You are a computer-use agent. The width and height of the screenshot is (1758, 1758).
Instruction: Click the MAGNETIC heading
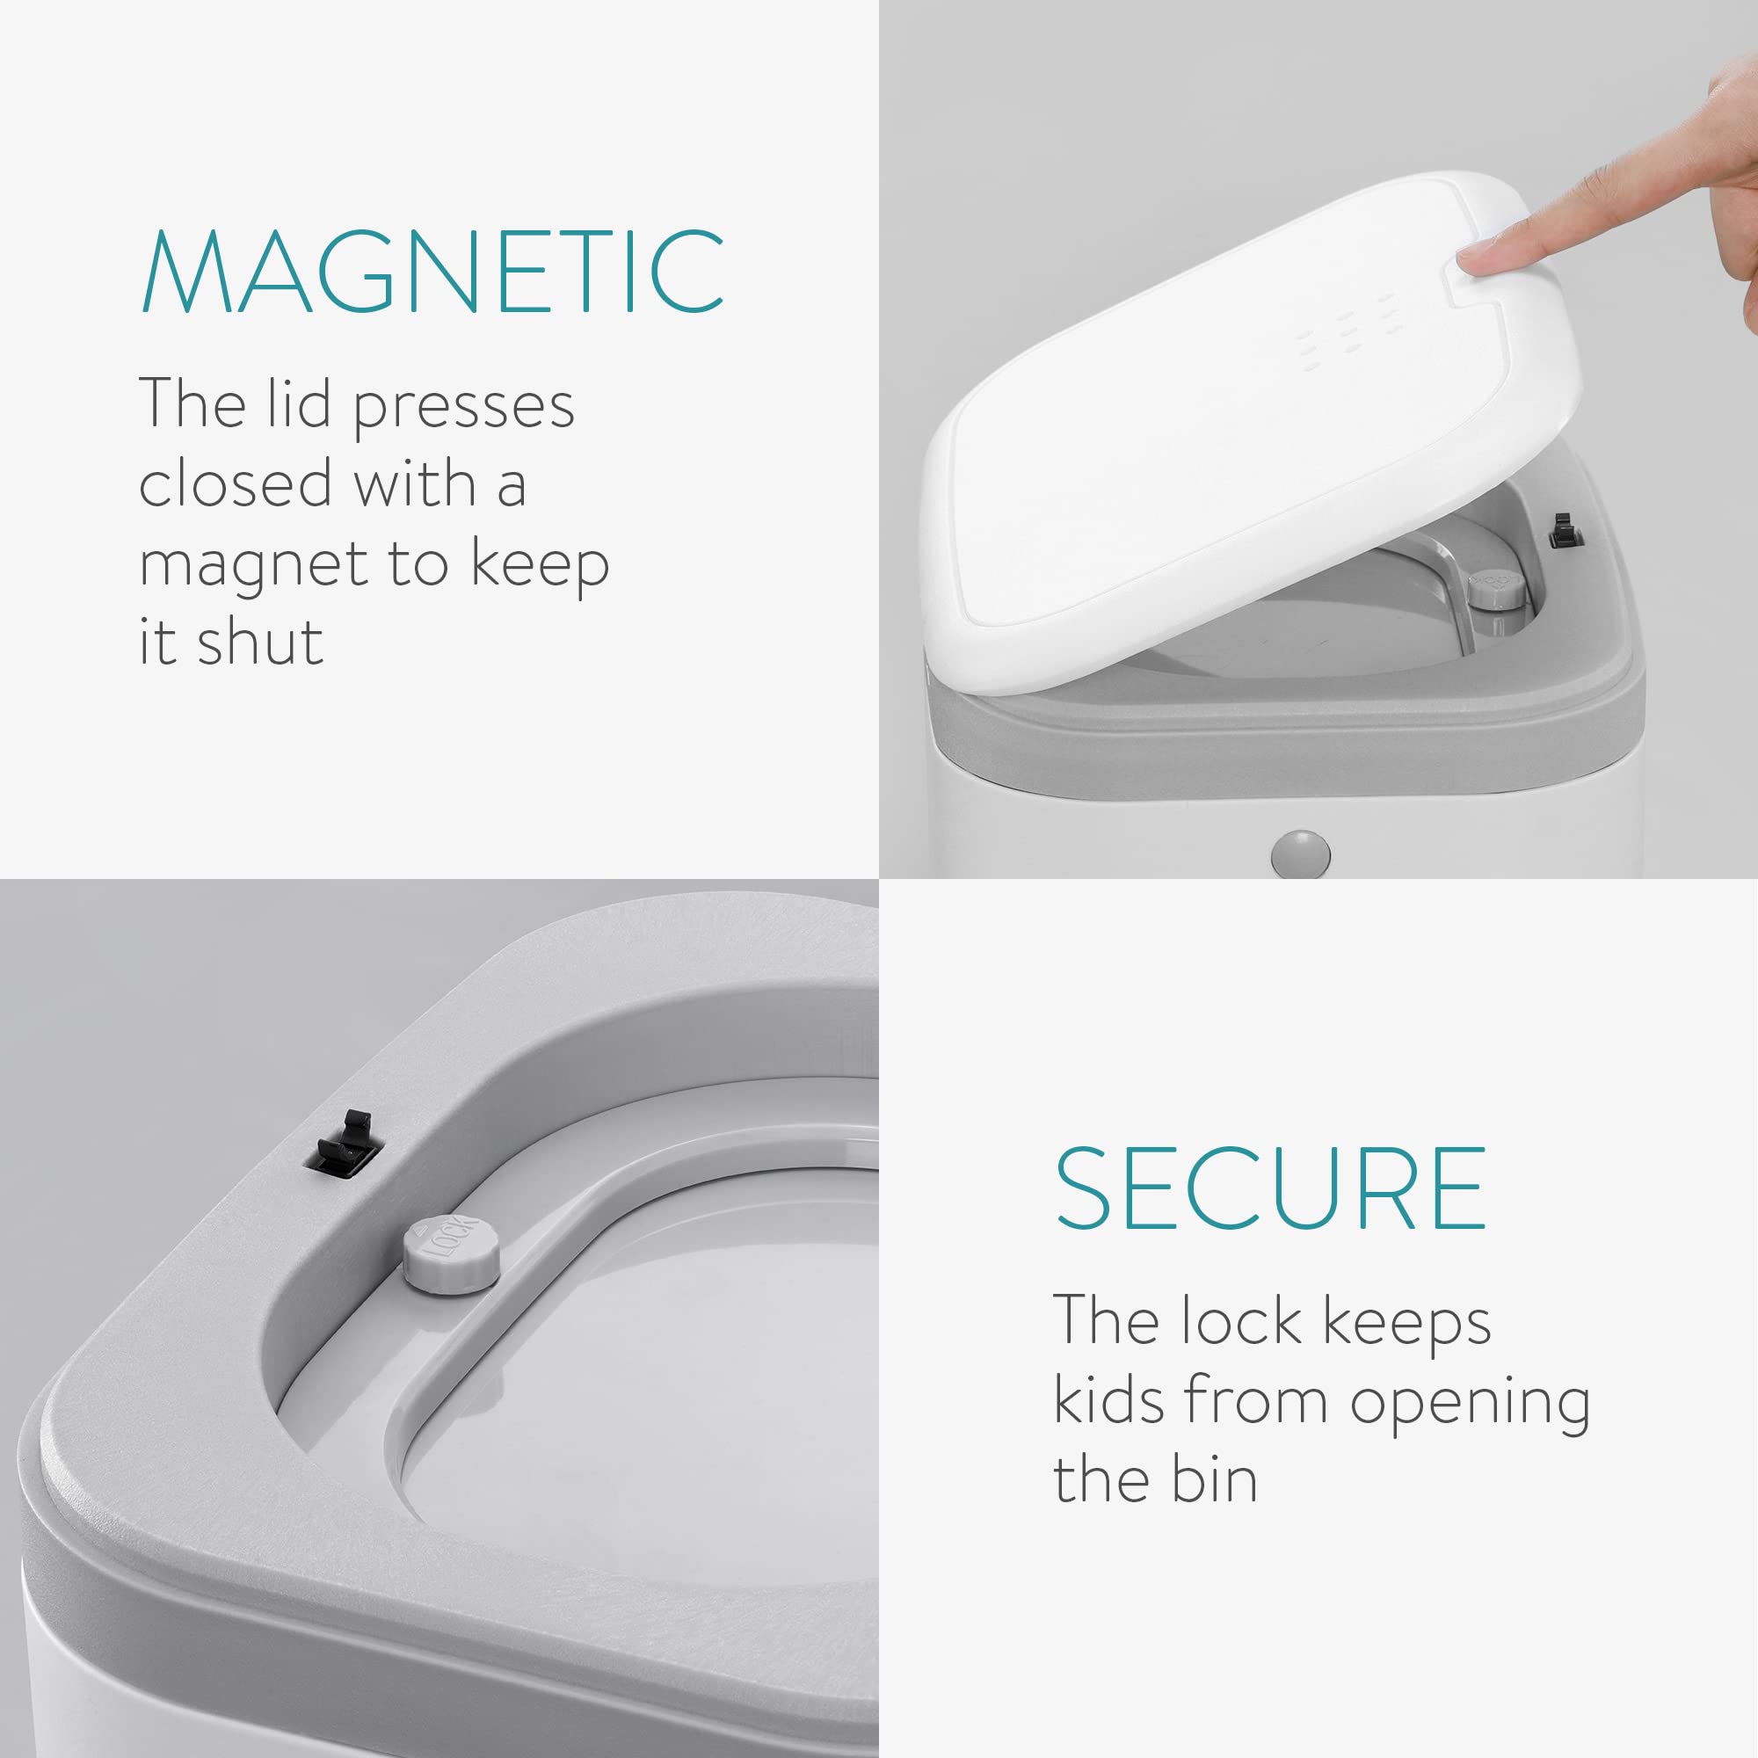(433, 271)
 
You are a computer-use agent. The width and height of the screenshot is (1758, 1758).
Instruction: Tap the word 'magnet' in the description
(252, 565)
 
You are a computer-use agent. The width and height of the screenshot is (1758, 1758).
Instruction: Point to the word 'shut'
(260, 641)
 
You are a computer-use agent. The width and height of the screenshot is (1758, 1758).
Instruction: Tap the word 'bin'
(1214, 1480)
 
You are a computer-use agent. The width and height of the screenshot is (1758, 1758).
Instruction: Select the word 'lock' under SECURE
(1241, 1320)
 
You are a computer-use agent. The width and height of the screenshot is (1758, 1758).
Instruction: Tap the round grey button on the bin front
(1299, 854)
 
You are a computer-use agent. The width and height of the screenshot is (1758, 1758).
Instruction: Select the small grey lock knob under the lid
(1498, 589)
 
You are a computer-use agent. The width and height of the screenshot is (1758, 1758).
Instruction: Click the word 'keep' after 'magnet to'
(540, 565)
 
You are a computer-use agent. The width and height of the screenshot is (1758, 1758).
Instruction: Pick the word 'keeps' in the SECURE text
(1406, 1320)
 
